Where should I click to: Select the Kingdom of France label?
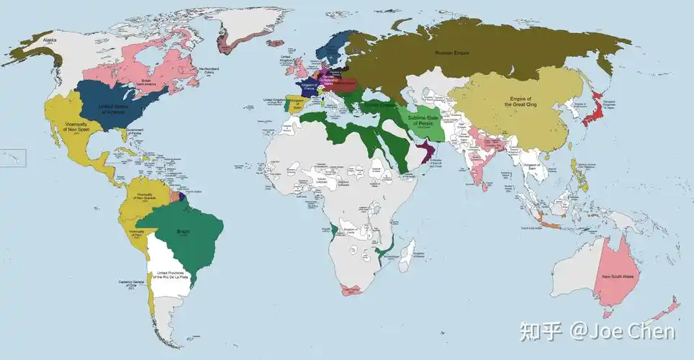click(310, 86)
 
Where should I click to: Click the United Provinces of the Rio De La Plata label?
click(171, 275)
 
